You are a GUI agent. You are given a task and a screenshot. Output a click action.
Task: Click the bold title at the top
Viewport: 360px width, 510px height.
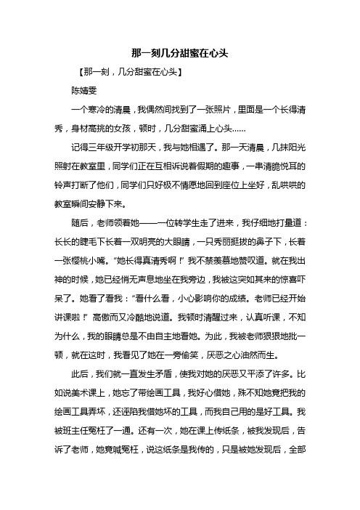point(179,54)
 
